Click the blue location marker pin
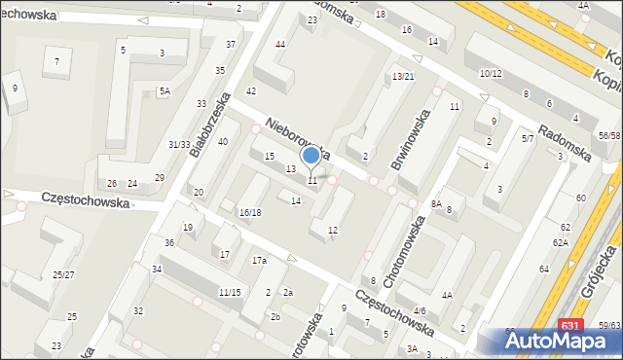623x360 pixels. click(311, 156)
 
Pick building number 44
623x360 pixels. click(280, 45)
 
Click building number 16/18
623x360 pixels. click(250, 212)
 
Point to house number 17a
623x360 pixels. click(259, 261)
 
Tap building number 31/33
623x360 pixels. click(178, 144)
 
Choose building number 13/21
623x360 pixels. click(403, 76)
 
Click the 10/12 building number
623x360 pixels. click(490, 74)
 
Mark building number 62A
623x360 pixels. click(561, 242)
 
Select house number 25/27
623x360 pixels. click(63, 275)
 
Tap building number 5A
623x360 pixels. click(165, 91)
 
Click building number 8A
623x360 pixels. click(436, 203)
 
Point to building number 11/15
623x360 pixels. click(230, 292)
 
